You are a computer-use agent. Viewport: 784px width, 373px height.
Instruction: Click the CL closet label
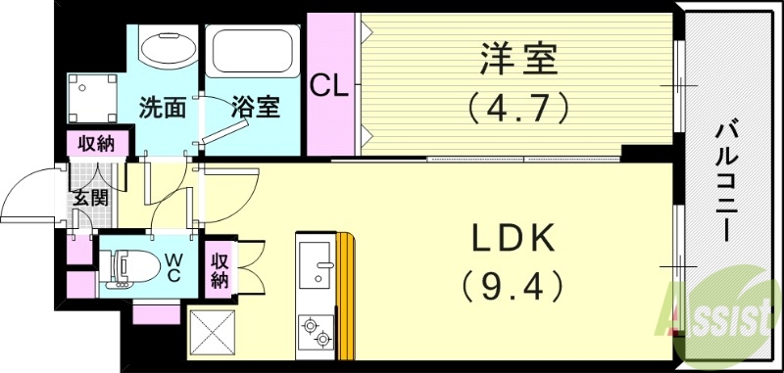(329, 86)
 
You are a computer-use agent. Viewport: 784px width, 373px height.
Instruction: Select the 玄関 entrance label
(89, 196)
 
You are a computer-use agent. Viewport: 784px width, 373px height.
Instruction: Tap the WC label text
(172, 266)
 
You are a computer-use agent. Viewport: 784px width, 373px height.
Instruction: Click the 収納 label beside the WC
(219, 267)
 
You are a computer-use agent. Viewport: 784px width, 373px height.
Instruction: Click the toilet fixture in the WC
(132, 265)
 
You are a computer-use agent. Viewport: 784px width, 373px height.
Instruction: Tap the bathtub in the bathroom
(254, 54)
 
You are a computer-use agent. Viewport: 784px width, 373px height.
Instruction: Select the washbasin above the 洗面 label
(166, 46)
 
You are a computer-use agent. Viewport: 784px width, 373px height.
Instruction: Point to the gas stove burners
(317, 330)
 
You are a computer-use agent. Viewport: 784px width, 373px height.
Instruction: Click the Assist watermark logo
(722, 313)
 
